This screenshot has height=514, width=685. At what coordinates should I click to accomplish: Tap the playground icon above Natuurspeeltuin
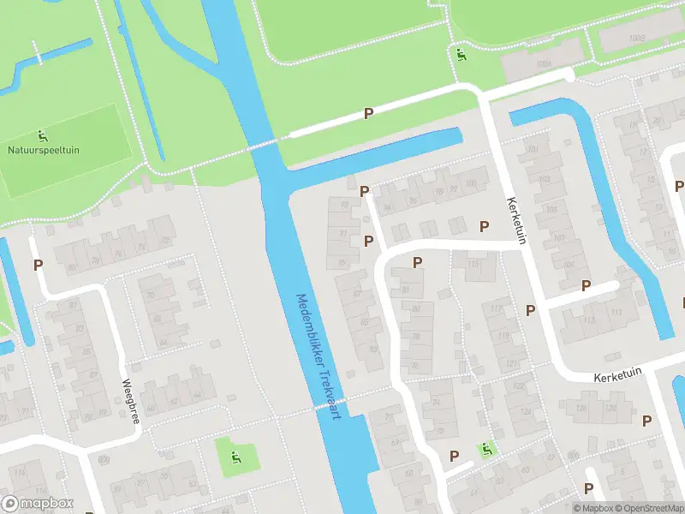[42, 135]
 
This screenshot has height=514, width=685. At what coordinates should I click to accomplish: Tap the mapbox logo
[38, 504]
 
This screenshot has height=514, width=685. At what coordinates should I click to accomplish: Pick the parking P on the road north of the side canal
[369, 113]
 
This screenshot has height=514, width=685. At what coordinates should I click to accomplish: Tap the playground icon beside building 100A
[462, 57]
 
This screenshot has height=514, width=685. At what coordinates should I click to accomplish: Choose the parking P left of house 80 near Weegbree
[38, 266]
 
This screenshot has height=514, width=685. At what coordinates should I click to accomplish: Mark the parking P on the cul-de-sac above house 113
[587, 285]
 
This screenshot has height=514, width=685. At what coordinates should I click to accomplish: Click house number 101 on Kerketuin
[533, 149]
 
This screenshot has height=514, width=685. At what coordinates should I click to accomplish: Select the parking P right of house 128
[647, 421]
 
